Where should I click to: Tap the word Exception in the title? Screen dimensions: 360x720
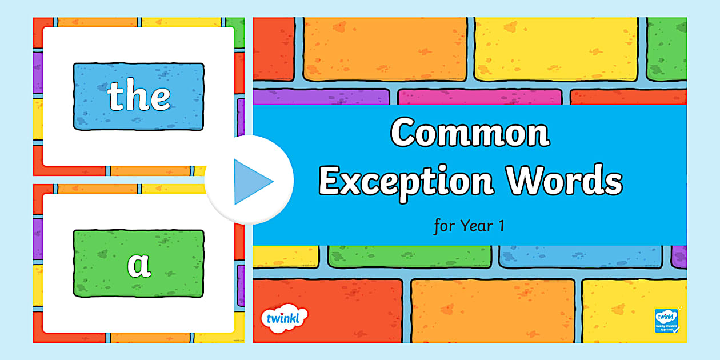click(406, 180)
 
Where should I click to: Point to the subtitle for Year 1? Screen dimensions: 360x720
click(469, 226)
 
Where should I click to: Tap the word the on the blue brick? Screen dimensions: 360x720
click(139, 97)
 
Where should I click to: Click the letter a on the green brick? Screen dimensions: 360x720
click(138, 265)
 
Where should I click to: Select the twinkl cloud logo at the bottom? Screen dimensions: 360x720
click(283, 318)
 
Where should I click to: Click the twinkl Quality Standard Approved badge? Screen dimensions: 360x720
click(666, 321)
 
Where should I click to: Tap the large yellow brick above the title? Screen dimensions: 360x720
click(555, 49)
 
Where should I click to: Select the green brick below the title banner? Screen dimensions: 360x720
click(409, 256)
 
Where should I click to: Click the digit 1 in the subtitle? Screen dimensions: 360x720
click(501, 226)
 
